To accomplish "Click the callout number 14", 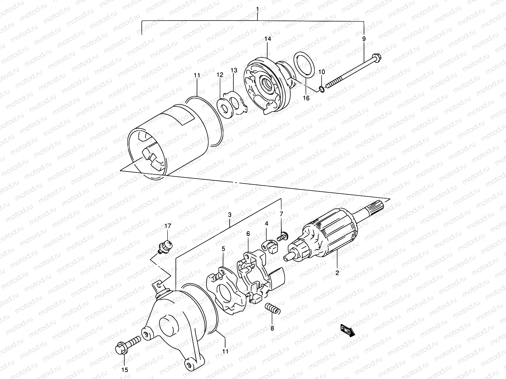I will point(268,39).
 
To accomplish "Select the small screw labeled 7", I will point(282,236).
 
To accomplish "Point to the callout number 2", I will point(337,273).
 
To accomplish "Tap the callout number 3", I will point(230,215).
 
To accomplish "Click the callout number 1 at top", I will point(257,9).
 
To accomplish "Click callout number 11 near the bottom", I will point(225,351).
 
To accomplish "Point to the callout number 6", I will point(248,234).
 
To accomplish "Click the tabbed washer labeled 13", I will point(237,103).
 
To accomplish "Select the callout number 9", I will point(364,39).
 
